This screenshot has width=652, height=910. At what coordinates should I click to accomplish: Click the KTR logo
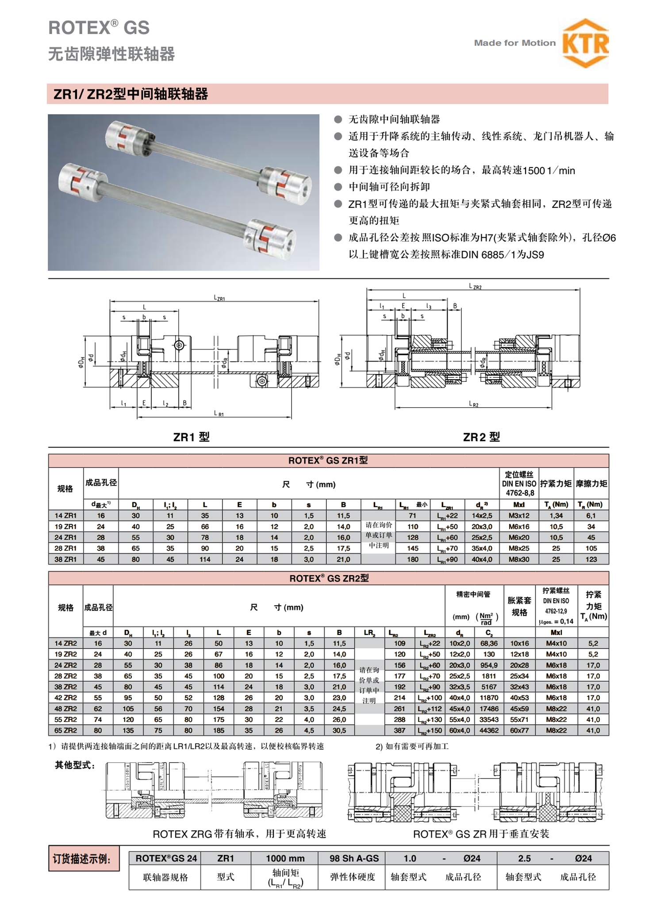tap(585, 43)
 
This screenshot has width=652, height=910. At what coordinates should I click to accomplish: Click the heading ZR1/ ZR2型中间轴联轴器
tap(130, 94)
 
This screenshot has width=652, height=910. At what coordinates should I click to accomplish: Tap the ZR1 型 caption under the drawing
tap(191, 437)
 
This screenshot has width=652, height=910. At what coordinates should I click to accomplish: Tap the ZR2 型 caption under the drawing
tap(481, 437)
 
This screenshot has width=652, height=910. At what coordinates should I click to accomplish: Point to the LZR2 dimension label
tap(475, 287)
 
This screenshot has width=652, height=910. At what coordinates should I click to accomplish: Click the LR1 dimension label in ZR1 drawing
tap(219, 413)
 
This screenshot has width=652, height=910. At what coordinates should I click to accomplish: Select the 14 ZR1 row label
tap(65, 515)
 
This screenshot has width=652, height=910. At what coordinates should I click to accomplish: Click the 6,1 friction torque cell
tap(591, 515)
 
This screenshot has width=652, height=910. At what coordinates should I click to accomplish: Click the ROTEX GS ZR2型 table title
tap(329, 578)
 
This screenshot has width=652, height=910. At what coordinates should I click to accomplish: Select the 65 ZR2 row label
tap(65, 730)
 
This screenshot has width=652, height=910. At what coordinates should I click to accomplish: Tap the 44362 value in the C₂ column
tap(489, 730)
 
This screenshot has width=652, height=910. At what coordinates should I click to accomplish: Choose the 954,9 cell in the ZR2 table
tap(489, 665)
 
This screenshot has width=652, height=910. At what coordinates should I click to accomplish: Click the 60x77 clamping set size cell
tap(519, 730)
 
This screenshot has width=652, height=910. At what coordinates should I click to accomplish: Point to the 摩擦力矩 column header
tap(591, 484)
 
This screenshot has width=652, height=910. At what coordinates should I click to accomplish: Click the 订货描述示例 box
tap(84, 859)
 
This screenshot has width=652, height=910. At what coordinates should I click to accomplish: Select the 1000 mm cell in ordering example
tap(285, 858)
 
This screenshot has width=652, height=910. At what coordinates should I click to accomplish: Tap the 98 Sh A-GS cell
tap(354, 858)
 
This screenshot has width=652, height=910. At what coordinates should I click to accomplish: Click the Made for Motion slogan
tap(514, 43)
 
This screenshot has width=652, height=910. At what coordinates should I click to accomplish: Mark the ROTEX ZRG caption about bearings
tap(239, 834)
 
